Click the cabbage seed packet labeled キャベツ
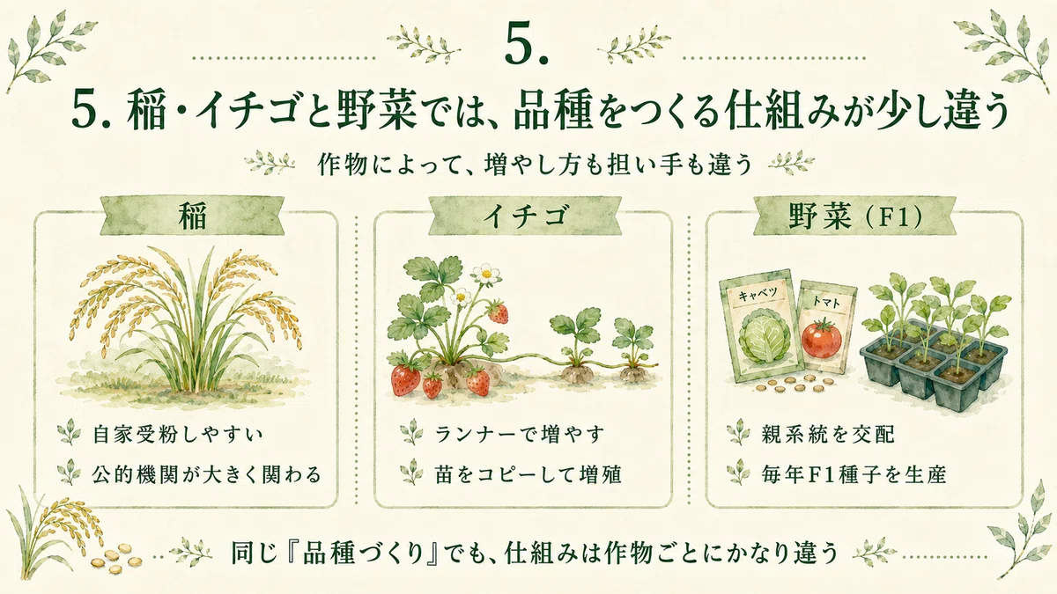coord(761,326)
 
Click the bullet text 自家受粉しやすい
coord(177,434)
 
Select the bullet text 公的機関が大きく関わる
coord(207,474)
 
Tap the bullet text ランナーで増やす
coord(519,434)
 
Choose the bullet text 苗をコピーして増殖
coord(528,474)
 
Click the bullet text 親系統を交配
coord(828,434)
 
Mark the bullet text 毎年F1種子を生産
coord(854,474)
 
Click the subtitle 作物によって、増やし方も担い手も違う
coord(535,165)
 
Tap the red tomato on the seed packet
coord(821,338)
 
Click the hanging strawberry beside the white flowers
coord(499,313)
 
